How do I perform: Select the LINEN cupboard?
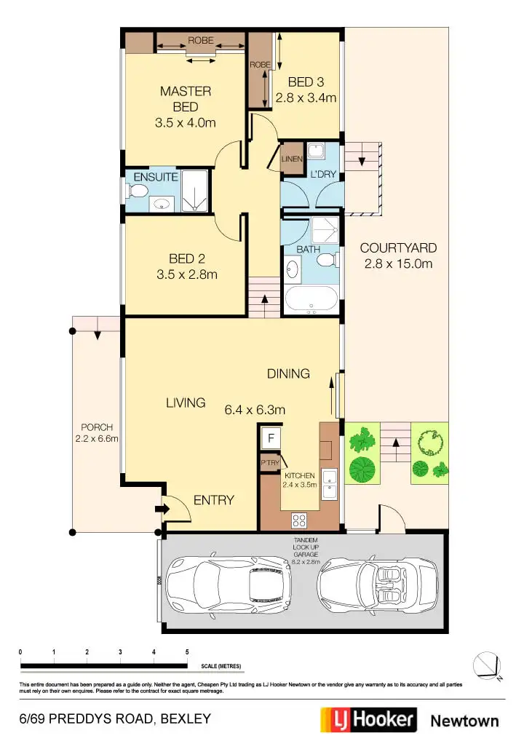(x=293, y=159)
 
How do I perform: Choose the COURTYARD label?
(x=397, y=247)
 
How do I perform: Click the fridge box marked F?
(x=271, y=438)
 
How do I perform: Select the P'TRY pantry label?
(x=269, y=463)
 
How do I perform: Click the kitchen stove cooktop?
(x=299, y=519)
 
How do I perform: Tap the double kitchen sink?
(x=330, y=485)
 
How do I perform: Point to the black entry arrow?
(x=159, y=510)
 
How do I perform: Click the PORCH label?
(x=96, y=427)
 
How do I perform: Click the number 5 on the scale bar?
(x=188, y=651)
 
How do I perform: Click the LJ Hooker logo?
(x=369, y=720)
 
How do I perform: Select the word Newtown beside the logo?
(x=465, y=721)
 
